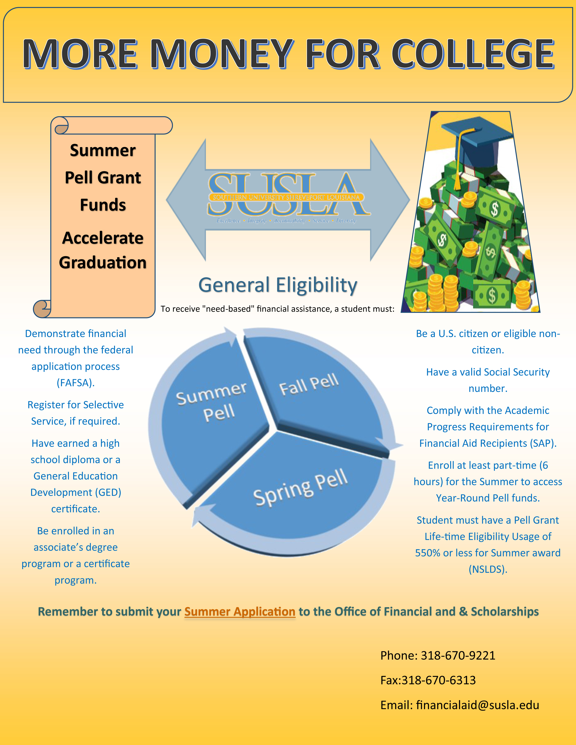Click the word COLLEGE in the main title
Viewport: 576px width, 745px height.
point(473,54)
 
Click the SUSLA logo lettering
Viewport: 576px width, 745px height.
point(288,194)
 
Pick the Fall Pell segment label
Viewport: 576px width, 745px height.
point(309,385)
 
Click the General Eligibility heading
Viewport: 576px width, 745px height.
point(278,285)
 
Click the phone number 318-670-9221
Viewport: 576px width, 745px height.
point(458,655)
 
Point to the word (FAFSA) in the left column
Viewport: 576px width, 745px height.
point(75,383)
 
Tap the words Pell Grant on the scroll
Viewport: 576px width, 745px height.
point(103,178)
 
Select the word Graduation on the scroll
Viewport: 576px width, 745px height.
point(103,263)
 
